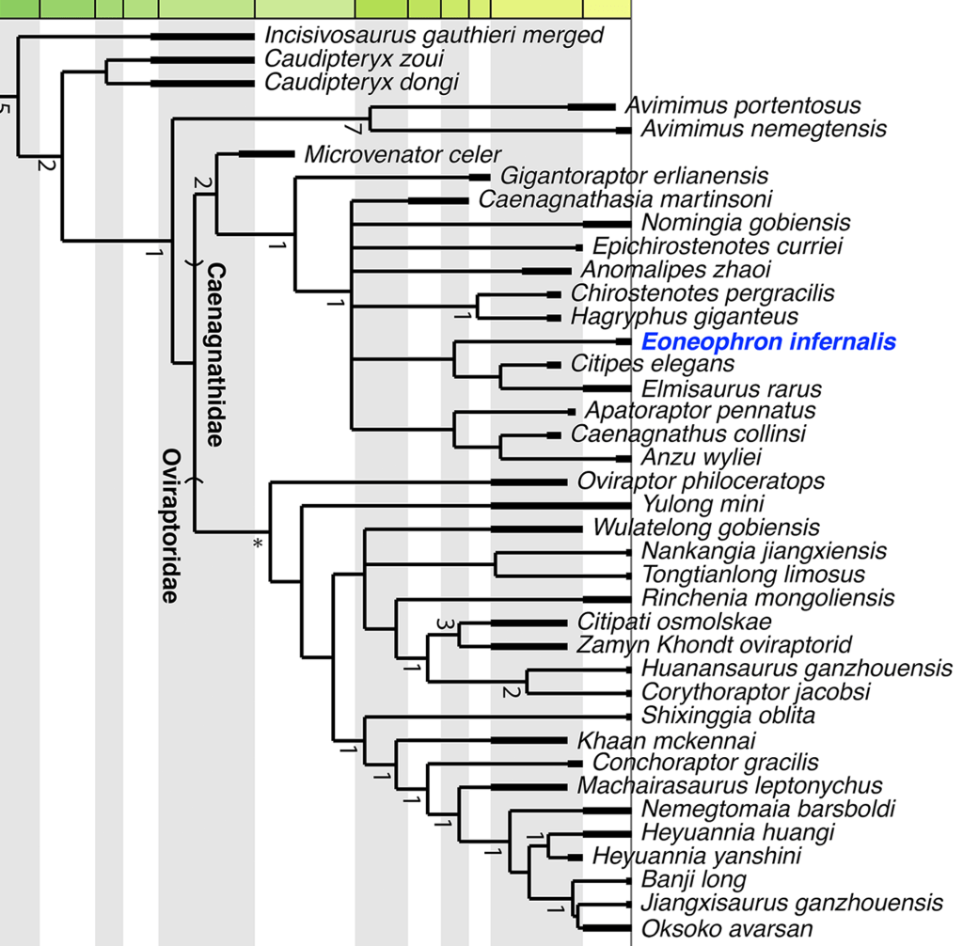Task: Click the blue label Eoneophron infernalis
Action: click(767, 342)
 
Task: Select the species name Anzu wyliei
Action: click(701, 458)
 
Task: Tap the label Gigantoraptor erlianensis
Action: click(635, 176)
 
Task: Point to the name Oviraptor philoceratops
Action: click(701, 481)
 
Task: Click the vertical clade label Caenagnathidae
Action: click(215, 355)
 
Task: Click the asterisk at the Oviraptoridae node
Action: click(257, 543)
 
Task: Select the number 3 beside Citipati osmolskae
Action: click(445, 623)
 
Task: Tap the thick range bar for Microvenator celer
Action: click(267, 153)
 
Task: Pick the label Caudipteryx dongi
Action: click(361, 83)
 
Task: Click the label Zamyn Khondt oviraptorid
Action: click(719, 646)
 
